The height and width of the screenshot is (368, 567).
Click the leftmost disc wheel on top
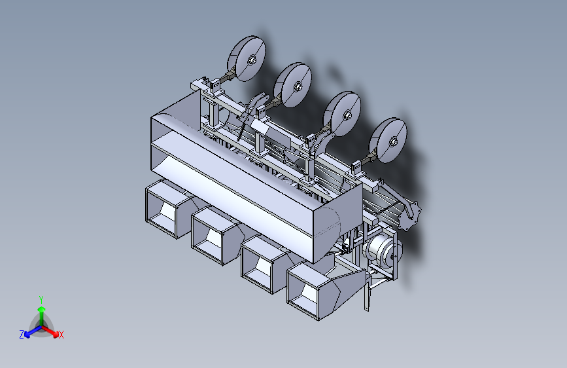click(x=247, y=58)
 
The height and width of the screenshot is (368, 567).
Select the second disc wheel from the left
click(x=293, y=85)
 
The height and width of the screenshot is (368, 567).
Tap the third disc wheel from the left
click(x=343, y=114)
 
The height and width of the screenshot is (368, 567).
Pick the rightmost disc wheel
click(x=388, y=140)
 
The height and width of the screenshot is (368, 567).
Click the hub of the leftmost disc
click(x=252, y=60)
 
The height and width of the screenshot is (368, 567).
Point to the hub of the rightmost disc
click(x=394, y=142)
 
